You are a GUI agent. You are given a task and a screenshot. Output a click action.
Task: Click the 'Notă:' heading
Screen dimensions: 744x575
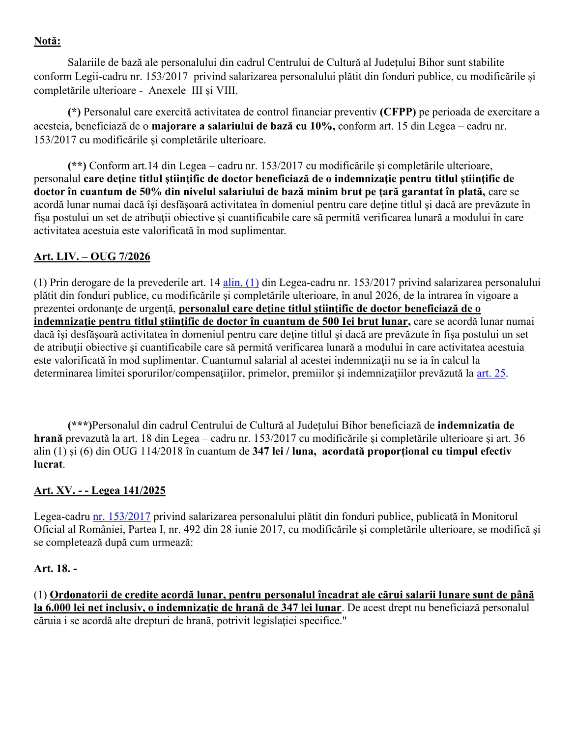tap(47, 41)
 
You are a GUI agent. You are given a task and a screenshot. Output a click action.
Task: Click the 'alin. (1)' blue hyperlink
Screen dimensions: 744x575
tap(241, 283)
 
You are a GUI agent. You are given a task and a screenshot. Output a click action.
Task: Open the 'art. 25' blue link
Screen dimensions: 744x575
tap(491, 373)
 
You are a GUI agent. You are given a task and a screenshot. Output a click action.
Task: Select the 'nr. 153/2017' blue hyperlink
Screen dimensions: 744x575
tap(121, 516)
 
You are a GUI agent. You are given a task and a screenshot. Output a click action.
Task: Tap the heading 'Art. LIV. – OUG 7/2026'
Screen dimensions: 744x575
tap(92, 257)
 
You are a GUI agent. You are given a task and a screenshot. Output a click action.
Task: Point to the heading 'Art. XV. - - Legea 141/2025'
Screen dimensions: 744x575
tap(100, 490)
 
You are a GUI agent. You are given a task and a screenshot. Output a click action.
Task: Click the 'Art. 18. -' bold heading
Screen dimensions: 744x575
tap(56, 569)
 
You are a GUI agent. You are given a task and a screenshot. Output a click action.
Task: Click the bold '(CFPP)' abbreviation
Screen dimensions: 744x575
tap(398, 112)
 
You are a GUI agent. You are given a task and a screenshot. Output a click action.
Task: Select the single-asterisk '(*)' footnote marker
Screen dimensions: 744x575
tap(74, 112)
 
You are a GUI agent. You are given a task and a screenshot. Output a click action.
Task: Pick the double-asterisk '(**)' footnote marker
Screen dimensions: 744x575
tap(77, 166)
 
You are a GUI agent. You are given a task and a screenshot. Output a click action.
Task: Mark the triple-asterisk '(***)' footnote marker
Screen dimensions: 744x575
tap(80, 426)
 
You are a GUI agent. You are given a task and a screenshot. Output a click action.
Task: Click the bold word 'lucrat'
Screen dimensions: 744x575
tap(48, 464)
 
